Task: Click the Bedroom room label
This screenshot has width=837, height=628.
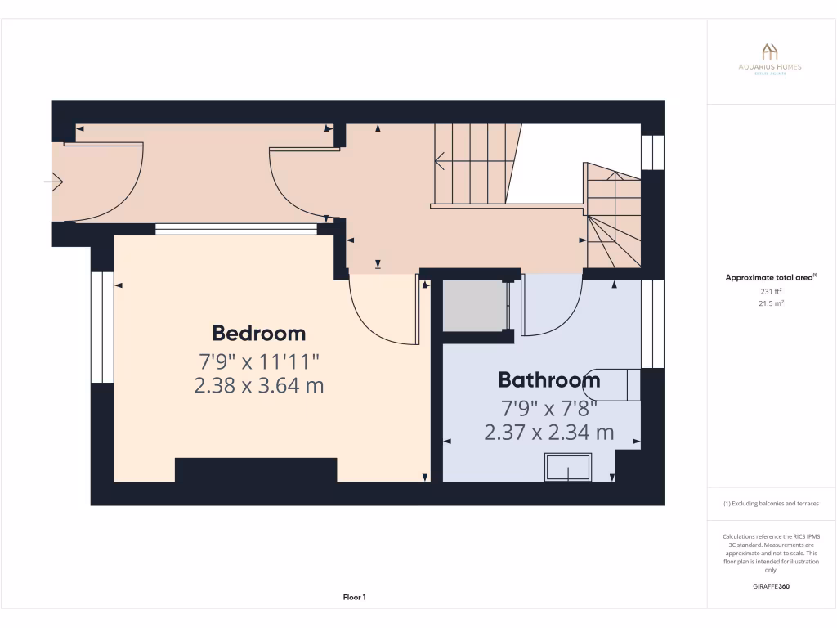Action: point(258,333)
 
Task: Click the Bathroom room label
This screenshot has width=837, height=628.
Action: point(548,379)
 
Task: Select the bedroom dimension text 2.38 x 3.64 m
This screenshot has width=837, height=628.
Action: point(258,384)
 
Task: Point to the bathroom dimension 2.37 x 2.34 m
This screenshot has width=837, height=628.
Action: point(548,432)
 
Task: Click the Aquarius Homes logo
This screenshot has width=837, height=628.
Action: point(769,59)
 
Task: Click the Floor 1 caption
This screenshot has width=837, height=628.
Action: point(353,598)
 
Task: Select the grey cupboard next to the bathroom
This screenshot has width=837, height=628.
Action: point(474,306)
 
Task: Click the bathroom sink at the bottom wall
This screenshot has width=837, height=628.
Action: point(566,468)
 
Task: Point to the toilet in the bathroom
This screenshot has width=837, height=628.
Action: point(617,384)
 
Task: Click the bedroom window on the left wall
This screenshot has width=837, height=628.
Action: point(101,327)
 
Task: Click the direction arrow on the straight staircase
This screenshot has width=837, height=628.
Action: point(441,161)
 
